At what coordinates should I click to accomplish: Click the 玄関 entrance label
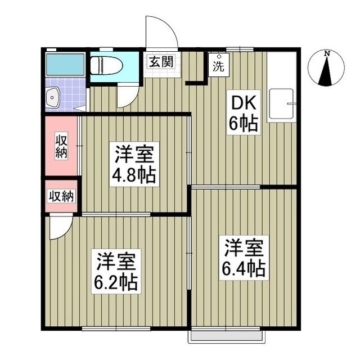pos(160,62)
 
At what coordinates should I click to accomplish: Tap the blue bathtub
pos(65,66)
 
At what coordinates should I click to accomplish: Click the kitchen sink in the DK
pos(282,105)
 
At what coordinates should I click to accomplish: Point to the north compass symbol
pos(326,72)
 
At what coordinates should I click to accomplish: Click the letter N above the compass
pos(326,53)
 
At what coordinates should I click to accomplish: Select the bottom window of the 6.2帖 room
pos(116,328)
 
